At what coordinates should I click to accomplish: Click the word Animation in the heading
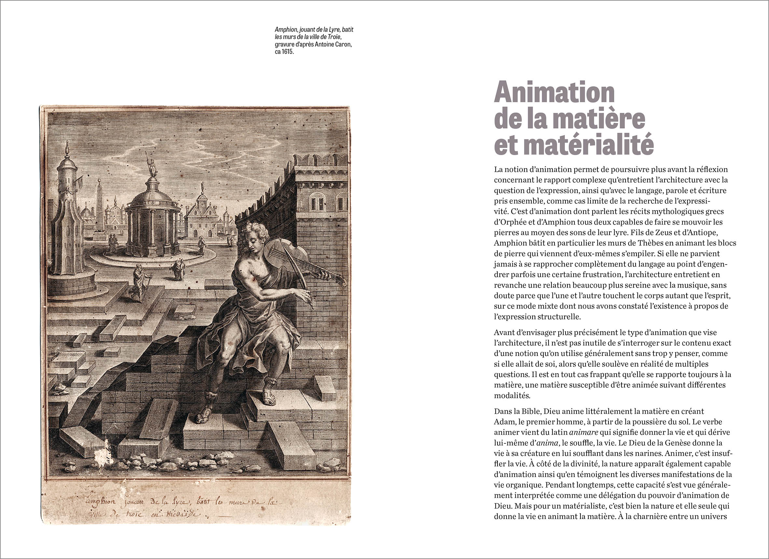pos(554,92)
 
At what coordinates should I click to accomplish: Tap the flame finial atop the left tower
pos(66,147)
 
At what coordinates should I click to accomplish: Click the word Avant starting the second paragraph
pos(504,332)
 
